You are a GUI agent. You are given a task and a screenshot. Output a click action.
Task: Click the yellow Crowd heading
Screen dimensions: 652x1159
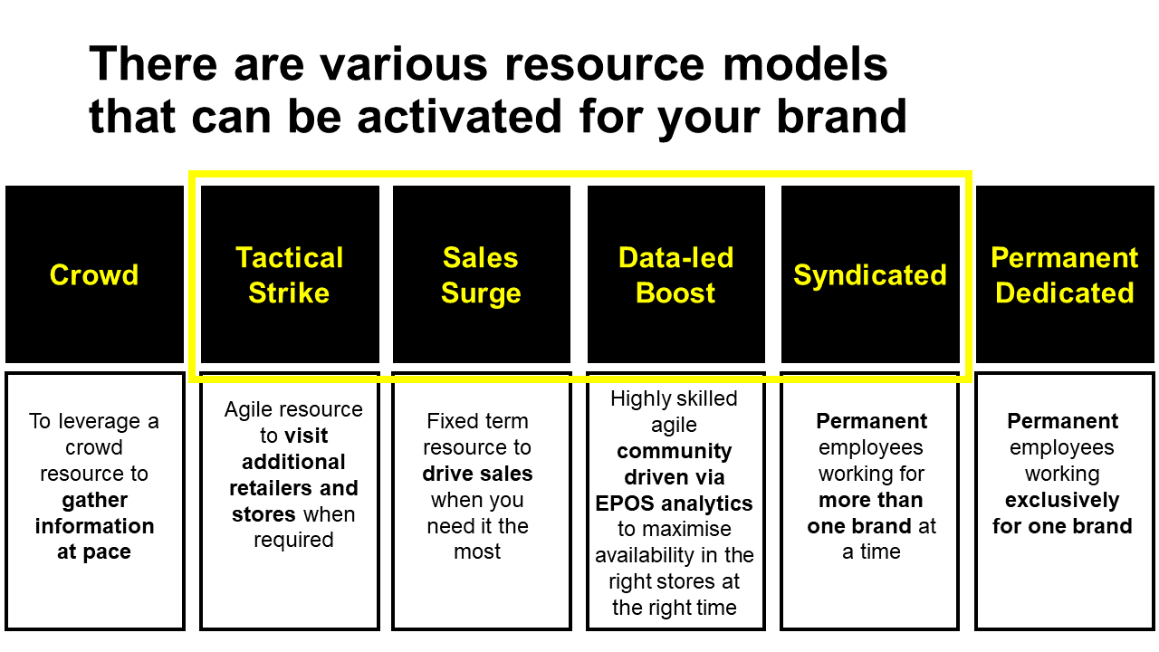point(94,275)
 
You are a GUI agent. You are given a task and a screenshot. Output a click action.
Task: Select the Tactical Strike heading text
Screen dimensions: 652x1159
point(290,275)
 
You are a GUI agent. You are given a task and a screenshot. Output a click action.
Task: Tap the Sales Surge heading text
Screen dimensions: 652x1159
point(481,275)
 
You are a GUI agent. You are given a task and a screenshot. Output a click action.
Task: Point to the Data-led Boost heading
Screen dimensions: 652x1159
point(675,275)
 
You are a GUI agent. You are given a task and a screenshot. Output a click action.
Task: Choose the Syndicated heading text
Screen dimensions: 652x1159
point(870,275)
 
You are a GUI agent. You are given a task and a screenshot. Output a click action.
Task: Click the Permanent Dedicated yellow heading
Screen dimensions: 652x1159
point(1064,275)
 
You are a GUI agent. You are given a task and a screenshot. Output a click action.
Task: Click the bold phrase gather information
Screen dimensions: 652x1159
point(94,513)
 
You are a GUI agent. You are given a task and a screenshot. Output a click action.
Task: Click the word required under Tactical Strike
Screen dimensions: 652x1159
point(293,541)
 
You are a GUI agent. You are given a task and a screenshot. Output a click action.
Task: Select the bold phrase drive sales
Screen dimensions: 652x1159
point(477,474)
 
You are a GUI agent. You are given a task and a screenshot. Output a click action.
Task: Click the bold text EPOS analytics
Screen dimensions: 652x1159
point(674,503)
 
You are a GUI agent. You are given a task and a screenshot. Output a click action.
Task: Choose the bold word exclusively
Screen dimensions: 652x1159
point(1062,500)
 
